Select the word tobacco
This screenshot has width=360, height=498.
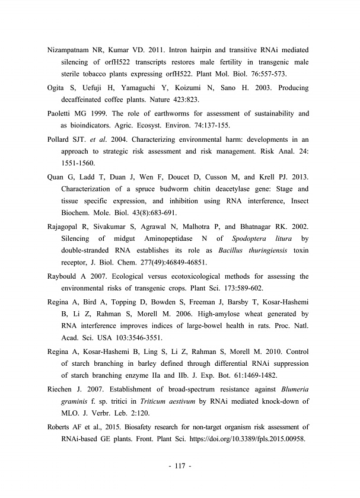(96, 74)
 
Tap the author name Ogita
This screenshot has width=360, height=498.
(58, 88)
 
